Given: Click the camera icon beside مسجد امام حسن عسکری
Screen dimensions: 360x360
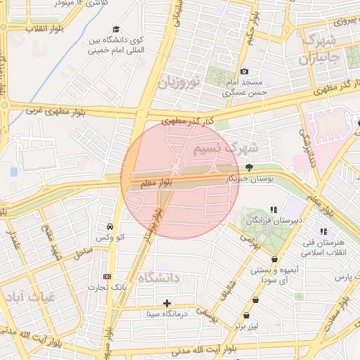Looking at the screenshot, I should [x=245, y=72].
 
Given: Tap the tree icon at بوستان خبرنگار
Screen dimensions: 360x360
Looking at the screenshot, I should [x=249, y=167].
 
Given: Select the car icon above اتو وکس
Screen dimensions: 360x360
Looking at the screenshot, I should [x=110, y=227].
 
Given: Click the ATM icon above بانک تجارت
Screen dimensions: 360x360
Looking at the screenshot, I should [x=107, y=276].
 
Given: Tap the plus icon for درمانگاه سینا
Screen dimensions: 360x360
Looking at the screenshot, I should [x=167, y=304].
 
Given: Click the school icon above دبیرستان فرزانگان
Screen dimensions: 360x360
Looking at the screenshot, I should [x=274, y=210].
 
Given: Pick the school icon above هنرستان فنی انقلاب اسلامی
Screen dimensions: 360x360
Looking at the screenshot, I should [x=323, y=231].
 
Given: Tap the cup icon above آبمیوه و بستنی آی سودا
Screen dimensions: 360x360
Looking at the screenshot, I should [x=274, y=259].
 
